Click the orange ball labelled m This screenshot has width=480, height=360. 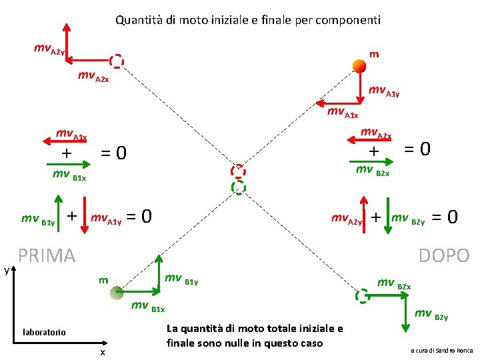click(358, 65)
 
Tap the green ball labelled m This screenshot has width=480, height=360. click(117, 291)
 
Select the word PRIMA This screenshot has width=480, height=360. click(47, 255)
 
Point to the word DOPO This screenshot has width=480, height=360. click(444, 255)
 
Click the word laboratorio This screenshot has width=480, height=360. click(44, 331)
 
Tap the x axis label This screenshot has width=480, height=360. click(102, 352)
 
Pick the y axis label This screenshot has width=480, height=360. click(7, 270)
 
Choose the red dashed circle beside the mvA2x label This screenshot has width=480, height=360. click(117, 61)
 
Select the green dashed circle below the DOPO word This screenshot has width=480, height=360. click(362, 295)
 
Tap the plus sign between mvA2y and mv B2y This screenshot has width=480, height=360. click(376, 217)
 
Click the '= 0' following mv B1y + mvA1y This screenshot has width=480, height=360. click(139, 217)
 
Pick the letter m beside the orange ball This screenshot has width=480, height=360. click(375, 53)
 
